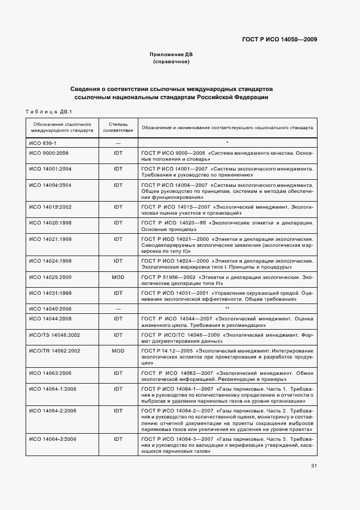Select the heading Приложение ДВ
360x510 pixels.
(171, 55)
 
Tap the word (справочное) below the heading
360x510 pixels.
(171, 62)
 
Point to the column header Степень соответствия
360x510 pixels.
(118, 127)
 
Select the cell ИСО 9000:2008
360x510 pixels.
(48, 153)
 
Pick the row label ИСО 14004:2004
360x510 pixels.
(50, 185)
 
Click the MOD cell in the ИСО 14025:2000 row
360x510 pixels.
(118, 277)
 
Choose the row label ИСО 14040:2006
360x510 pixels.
(50, 308)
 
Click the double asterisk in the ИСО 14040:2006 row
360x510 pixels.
(227, 308)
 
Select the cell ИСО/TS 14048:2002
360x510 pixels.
(54, 335)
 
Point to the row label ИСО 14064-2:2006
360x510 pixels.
(53, 409)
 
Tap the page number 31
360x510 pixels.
(314, 465)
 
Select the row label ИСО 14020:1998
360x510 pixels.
(50, 223)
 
